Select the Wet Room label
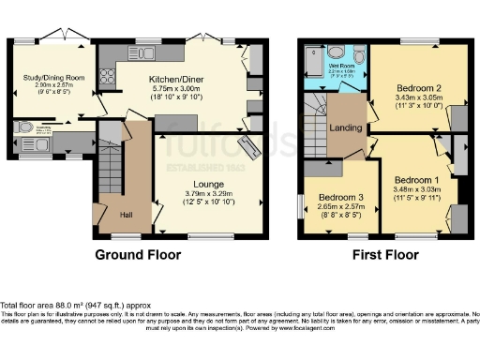coord(340,65)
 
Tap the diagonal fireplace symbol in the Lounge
coord(250,148)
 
